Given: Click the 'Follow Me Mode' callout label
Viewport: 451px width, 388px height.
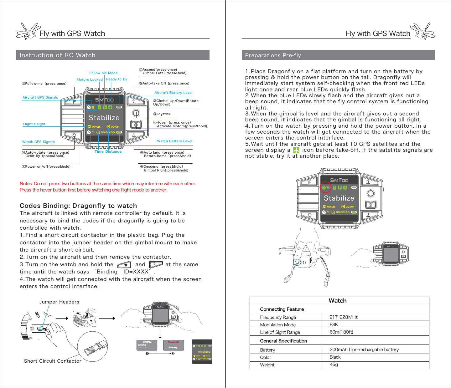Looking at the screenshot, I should pyautogui.click(x=103, y=73).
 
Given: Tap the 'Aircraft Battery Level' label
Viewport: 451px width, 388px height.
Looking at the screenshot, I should pyautogui.click(x=173, y=93).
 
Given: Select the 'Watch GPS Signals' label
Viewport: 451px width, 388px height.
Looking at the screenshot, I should pyautogui.click(x=39, y=142).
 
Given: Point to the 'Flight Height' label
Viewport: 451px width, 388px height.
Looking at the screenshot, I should pyautogui.click(x=34, y=124).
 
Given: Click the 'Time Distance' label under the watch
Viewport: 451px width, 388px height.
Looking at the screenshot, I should pyautogui.click(x=108, y=151).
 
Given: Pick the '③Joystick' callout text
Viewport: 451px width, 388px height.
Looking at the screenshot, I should pyautogui.click(x=162, y=114).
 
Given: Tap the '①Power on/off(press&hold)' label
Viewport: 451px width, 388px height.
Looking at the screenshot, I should pyautogui.click(x=46, y=166).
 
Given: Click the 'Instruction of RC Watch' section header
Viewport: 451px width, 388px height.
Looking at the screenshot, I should pyautogui.click(x=57, y=55).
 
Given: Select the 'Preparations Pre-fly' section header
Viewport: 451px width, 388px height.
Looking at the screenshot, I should pyautogui.click(x=273, y=55).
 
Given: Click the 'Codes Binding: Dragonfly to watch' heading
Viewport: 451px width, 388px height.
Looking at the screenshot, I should pyautogui.click(x=78, y=206).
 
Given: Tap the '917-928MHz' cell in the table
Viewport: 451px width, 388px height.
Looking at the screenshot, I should pyautogui.click(x=343, y=317).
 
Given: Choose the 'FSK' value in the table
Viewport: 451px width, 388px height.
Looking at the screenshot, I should pyautogui.click(x=334, y=324).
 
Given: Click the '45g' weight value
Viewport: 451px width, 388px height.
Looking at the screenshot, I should pyautogui.click(x=334, y=364).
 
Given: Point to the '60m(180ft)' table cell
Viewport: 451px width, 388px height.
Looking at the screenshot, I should pyautogui.click(x=341, y=332).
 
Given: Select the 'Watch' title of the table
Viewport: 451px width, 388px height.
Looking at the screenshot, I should pyautogui.click(x=338, y=301).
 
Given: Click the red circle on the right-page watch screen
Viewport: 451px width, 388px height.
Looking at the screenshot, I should pyautogui.click(x=326, y=187).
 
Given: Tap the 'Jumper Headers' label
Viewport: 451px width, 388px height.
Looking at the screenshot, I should pyautogui.click(x=59, y=302).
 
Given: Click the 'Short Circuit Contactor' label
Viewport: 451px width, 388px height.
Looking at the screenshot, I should pyautogui.click(x=53, y=361).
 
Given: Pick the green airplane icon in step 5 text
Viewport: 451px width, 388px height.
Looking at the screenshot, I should pyautogui.click(x=296, y=150).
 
